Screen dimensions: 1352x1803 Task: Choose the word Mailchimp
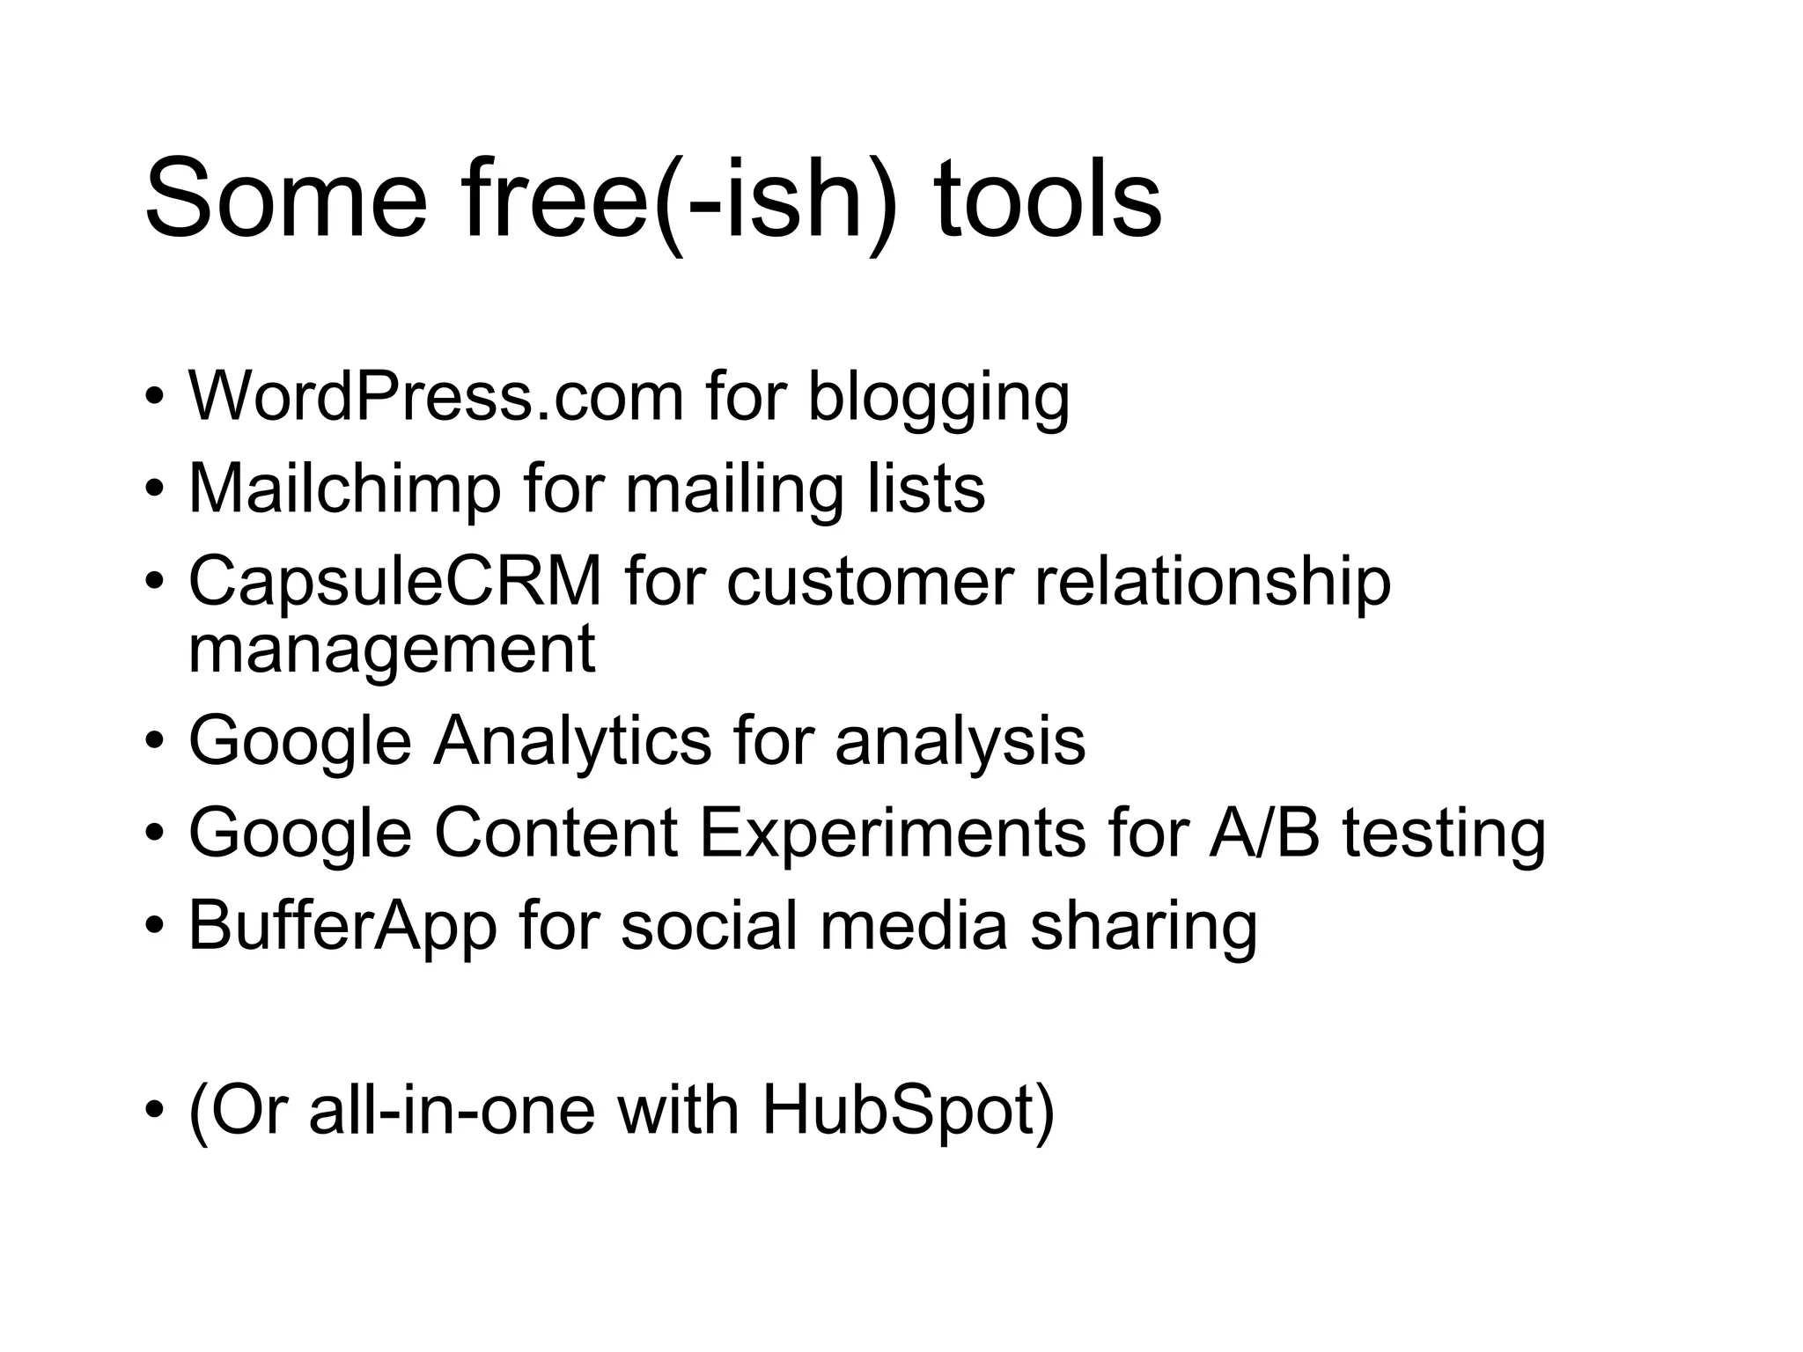click(344, 489)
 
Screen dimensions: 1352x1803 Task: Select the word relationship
click(1212, 583)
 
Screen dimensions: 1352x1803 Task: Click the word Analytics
click(572, 741)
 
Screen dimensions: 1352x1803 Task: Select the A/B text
click(1264, 833)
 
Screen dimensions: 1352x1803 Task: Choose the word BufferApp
click(342, 927)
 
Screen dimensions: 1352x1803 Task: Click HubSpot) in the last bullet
click(908, 1111)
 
